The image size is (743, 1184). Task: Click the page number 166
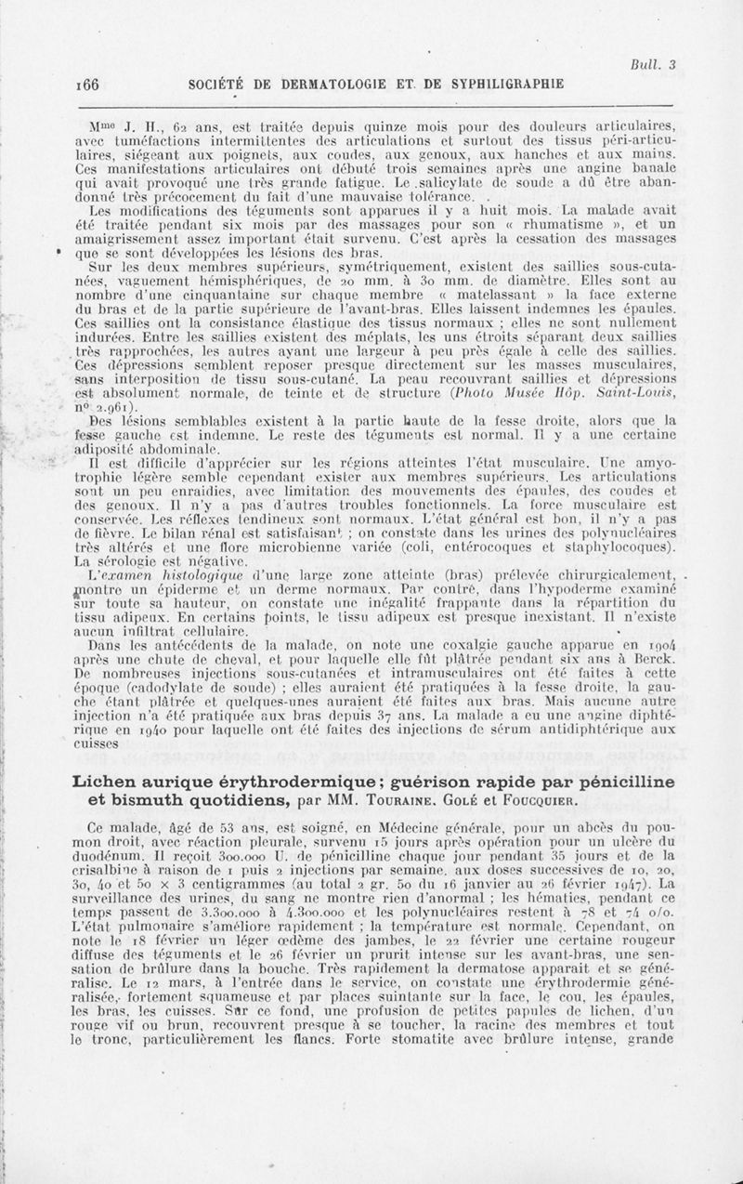(x=88, y=84)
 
